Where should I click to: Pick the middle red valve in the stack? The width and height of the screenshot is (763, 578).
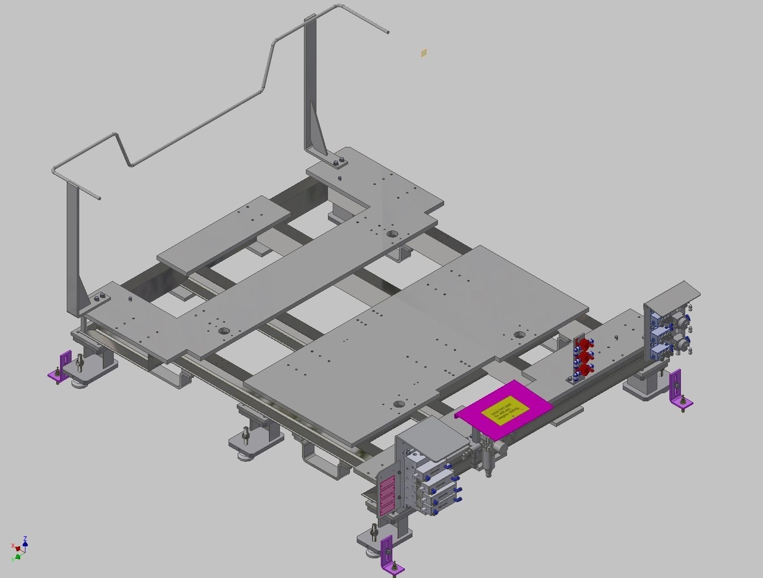pos(585,357)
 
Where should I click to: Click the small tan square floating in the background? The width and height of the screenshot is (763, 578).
pos(424,53)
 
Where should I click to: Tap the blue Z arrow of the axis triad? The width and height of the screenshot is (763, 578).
pos(25,542)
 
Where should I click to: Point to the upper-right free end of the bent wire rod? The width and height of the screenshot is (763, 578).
pos(387,32)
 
